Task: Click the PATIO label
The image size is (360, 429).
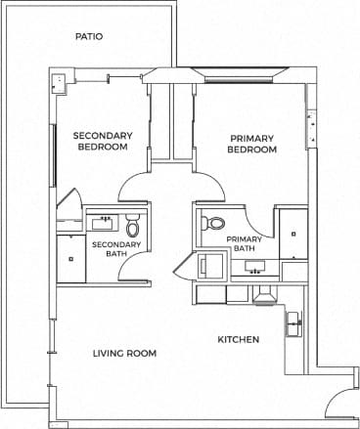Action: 89,37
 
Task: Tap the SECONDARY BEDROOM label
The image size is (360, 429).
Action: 102,142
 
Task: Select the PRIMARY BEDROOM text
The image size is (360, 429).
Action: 252,144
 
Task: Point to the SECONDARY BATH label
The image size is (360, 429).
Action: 116,249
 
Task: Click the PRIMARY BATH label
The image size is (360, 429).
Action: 243,243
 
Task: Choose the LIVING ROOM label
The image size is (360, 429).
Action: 124,353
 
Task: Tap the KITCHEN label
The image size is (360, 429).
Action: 238,339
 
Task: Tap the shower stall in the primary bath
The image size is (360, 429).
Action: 292,235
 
